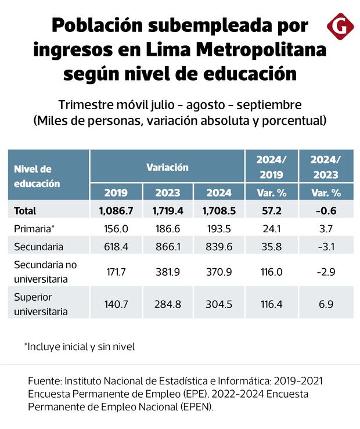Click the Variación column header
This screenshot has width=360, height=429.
click(167, 167)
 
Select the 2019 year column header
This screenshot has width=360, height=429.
click(116, 193)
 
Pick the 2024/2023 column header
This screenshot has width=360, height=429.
click(325, 167)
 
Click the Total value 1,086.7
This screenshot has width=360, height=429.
click(116, 211)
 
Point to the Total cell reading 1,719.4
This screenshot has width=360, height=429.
click(167, 211)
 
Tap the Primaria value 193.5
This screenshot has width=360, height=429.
click(218, 229)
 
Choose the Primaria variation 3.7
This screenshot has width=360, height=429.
click(325, 229)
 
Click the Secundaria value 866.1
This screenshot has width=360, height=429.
click(167, 247)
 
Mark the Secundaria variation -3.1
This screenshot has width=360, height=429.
click(325, 247)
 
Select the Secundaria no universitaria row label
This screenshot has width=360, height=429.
click(45, 272)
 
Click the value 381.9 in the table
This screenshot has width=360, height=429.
click(167, 272)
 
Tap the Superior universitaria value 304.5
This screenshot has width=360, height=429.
click(218, 304)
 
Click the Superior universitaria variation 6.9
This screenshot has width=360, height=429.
click(325, 304)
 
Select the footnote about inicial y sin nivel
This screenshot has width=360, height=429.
click(79, 347)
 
